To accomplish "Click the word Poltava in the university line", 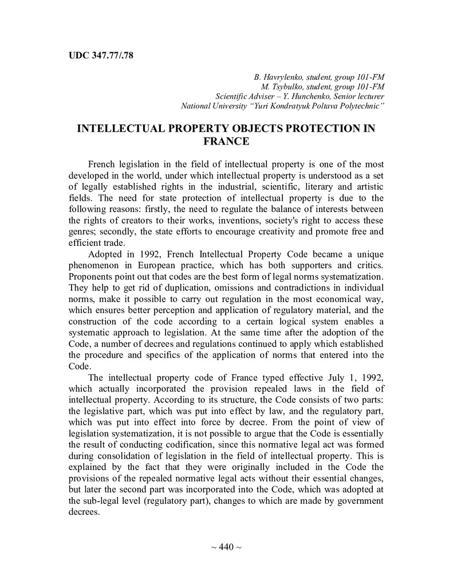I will point(325,106).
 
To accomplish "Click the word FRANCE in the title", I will point(226,141).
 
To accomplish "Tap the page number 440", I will point(226,547).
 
